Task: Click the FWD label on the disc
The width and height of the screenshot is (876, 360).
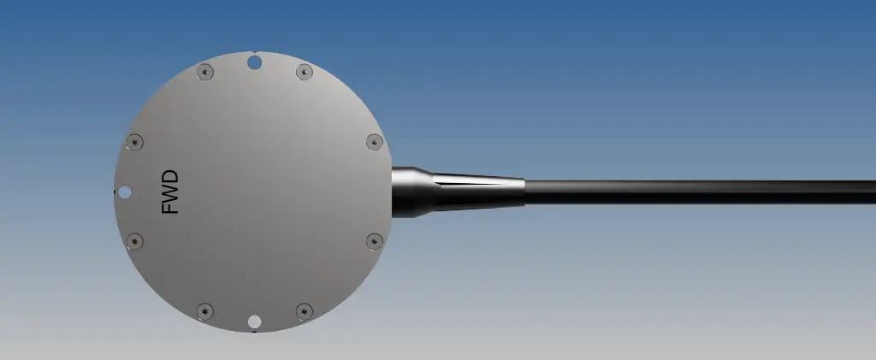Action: (171, 192)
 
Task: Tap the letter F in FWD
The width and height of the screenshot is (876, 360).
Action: (171, 207)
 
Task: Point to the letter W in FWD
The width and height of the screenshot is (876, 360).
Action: (171, 192)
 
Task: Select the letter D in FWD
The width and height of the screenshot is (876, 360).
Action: (171, 176)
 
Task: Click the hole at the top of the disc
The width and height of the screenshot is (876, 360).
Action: (254, 62)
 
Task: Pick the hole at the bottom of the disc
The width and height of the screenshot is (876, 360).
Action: (254, 322)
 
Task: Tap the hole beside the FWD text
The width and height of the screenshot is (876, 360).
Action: (125, 192)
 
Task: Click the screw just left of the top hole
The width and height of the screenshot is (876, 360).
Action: (204, 73)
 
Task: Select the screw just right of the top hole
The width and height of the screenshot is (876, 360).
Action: (304, 73)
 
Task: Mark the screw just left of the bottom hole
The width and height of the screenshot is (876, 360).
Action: (204, 310)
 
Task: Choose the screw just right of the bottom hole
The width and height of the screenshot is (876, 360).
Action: (304, 310)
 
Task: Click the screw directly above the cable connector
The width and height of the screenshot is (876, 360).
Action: (374, 142)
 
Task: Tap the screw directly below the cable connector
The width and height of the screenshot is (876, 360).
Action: (374, 241)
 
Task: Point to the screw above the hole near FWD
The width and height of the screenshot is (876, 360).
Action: (134, 142)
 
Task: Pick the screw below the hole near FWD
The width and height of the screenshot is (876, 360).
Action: (134, 241)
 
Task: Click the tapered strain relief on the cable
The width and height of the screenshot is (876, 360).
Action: (479, 191)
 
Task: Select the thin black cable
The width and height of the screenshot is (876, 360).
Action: (701, 191)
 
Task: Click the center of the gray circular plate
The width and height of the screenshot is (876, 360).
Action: (254, 192)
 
